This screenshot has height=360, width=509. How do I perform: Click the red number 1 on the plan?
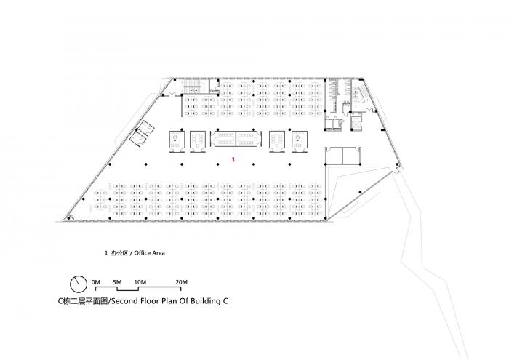pyautogui.click(x=233, y=159)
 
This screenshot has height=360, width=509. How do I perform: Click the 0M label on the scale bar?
pyautogui.click(x=96, y=281)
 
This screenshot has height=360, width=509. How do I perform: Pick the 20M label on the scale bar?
pyautogui.click(x=181, y=281)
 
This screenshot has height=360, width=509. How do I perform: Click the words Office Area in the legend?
pyautogui.click(x=149, y=253)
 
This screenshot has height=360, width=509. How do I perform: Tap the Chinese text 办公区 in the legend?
pyautogui.click(x=119, y=253)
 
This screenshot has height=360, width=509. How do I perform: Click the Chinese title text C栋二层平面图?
pyautogui.click(x=81, y=300)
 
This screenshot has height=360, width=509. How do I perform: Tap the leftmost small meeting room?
pyautogui.click(x=177, y=140)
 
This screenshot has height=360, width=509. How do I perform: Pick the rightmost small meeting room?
pyautogui.click(x=300, y=140)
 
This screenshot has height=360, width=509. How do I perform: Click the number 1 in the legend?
pyautogui.click(x=105, y=253)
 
